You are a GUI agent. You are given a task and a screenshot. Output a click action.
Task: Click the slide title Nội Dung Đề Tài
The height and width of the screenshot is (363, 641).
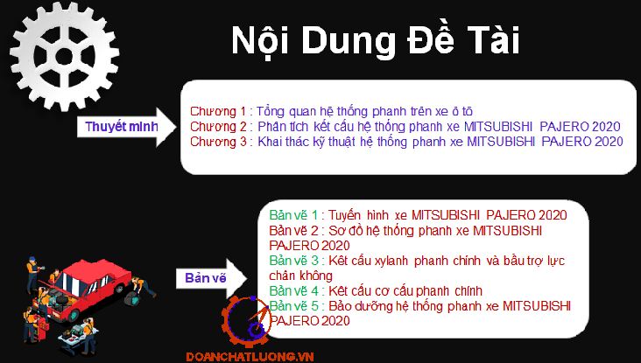[x=376, y=41]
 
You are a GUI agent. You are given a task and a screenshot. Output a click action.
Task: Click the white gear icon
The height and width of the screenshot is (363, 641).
[x=64, y=56]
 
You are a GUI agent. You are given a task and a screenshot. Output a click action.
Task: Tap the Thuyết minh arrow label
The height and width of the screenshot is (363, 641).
[x=122, y=127]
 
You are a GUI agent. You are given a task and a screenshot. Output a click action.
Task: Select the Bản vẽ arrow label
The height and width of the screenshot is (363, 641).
[x=205, y=278]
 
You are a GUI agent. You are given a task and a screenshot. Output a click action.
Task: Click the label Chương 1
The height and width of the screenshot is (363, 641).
[x=218, y=111]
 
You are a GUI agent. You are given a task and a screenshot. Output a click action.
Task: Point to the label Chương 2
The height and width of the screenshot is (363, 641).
[x=218, y=127]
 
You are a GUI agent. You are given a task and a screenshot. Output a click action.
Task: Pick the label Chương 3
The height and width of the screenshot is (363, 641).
[x=218, y=142]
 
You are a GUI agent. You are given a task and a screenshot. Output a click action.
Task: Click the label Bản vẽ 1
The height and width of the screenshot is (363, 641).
[x=293, y=215]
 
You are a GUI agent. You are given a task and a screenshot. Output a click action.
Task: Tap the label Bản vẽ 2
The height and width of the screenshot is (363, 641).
[x=293, y=230]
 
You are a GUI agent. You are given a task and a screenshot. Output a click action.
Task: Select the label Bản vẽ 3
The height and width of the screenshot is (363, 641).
[x=293, y=260]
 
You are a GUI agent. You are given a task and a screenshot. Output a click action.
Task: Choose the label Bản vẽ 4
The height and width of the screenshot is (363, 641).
[x=293, y=290]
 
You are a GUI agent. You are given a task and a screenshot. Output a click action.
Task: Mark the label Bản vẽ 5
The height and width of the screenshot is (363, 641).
[x=293, y=306]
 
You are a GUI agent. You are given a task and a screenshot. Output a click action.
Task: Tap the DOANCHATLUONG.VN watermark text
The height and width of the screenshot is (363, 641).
[x=250, y=357]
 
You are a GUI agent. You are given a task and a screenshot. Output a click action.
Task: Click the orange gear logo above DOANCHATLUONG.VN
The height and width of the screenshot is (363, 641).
[x=247, y=321]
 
